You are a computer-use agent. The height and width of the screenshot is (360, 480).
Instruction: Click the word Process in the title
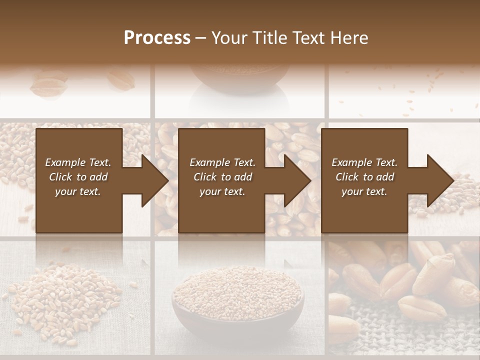[157, 38]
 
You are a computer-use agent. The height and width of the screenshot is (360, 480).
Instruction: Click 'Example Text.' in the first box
[78, 162]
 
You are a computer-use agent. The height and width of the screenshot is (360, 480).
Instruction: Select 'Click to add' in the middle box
[222, 177]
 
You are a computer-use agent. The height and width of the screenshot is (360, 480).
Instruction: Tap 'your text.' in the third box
[364, 191]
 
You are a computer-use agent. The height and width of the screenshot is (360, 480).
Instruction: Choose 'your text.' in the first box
[78, 191]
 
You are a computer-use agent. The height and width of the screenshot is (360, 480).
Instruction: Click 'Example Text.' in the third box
[364, 162]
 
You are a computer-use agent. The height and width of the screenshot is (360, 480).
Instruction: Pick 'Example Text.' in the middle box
[222, 162]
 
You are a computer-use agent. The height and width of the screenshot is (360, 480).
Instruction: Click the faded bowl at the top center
[240, 77]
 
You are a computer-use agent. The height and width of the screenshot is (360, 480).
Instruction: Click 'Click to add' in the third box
[364, 177]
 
